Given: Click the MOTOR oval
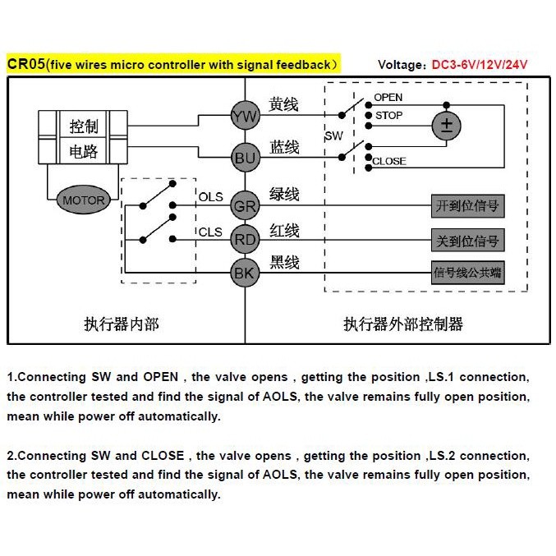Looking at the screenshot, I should coord(83,200).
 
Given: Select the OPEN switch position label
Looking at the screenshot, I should coord(388,98).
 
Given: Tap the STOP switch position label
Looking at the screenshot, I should coord(388,116).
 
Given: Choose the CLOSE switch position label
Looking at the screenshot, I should coord(388,162).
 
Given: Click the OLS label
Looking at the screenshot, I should coord(210,197).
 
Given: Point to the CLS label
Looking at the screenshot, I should coord(210,232).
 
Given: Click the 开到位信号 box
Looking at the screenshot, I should coord(466,206).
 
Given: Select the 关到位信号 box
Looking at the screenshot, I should coord(466,241).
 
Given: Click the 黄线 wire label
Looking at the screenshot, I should coord(284,106).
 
